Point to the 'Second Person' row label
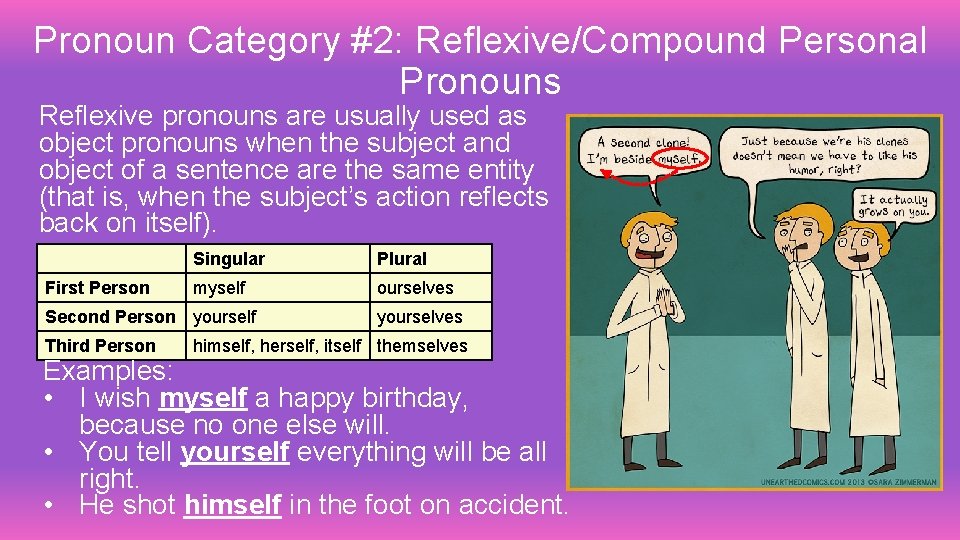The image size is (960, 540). [110, 317]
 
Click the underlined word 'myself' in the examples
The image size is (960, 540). [203, 399]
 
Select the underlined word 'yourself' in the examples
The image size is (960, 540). [234, 453]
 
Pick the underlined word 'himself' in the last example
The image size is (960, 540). [232, 506]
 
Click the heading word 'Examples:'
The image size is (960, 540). [108, 372]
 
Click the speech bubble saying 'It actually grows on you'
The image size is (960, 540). [893, 206]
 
